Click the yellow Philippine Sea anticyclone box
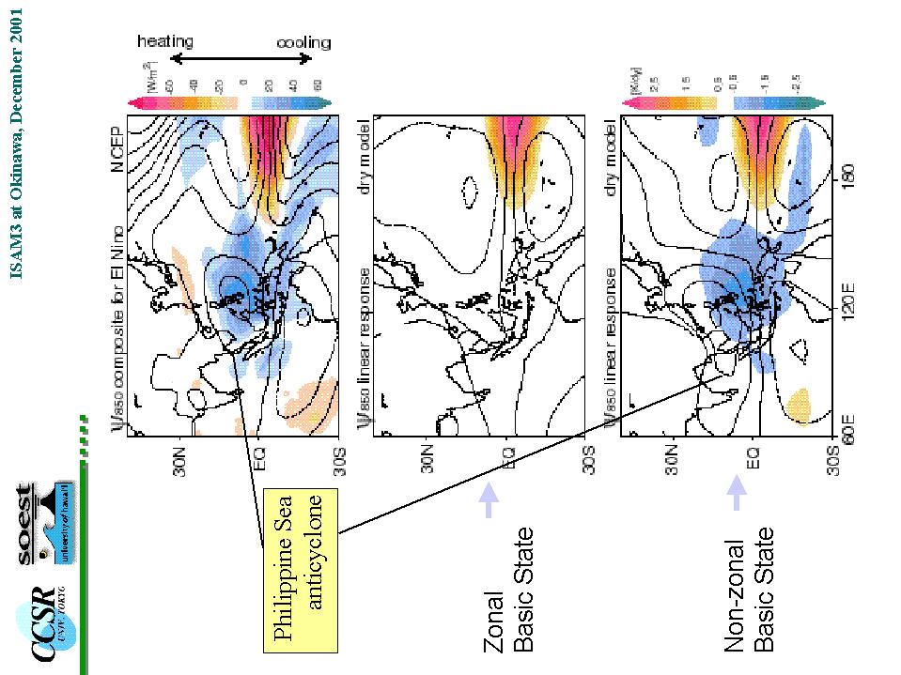point(299,571)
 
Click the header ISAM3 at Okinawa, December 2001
point(16,141)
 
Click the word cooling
point(303,42)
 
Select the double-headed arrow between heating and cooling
point(240,58)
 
